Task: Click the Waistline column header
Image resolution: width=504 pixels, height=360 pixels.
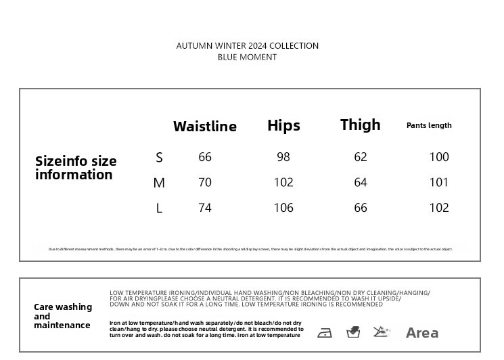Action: pyautogui.click(x=205, y=127)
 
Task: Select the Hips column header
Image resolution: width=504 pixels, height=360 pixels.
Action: pyautogui.click(x=283, y=125)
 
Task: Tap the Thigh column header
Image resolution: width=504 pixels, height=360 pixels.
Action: pyautogui.click(x=360, y=125)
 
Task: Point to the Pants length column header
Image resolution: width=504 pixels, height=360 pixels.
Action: pyautogui.click(x=429, y=125)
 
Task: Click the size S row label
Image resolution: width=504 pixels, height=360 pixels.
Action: pyautogui.click(x=160, y=158)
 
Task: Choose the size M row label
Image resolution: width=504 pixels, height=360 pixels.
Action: pyautogui.click(x=159, y=183)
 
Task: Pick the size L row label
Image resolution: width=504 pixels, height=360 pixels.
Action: pyautogui.click(x=160, y=208)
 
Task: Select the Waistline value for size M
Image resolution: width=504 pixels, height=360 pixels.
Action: pyautogui.click(x=205, y=182)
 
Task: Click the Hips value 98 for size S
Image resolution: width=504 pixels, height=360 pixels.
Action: pyautogui.click(x=283, y=157)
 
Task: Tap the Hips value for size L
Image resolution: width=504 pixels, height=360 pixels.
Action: pyautogui.click(x=283, y=208)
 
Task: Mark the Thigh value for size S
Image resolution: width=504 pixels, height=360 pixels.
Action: pyautogui.click(x=361, y=157)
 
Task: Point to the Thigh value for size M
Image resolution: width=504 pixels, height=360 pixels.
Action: pyautogui.click(x=361, y=182)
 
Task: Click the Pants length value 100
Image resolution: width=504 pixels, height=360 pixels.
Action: pyautogui.click(x=439, y=157)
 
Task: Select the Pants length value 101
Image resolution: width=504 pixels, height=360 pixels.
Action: pyautogui.click(x=439, y=182)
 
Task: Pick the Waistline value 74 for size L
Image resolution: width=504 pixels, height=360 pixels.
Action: pyautogui.click(x=205, y=208)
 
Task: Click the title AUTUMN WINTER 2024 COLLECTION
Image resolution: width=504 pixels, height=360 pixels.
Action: pyautogui.click(x=248, y=46)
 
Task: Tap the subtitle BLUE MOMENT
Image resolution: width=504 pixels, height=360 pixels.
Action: pyautogui.click(x=248, y=58)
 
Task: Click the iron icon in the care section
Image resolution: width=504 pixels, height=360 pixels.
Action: pyautogui.click(x=325, y=333)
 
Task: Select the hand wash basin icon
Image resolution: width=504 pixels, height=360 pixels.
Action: pyautogui.click(x=353, y=332)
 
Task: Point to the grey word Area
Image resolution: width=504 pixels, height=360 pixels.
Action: pyautogui.click(x=422, y=333)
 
